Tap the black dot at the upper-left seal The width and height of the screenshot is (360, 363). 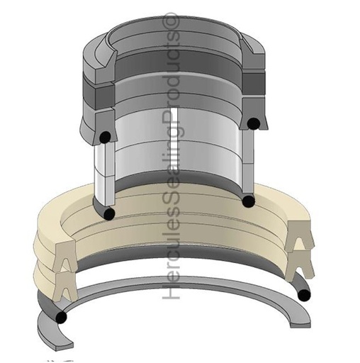[106, 137]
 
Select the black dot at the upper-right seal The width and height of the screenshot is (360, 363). [254, 123]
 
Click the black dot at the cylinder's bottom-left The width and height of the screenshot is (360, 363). [109, 213]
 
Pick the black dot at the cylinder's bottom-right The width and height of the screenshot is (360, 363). [249, 201]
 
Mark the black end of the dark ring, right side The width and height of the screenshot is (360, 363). [304, 296]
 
